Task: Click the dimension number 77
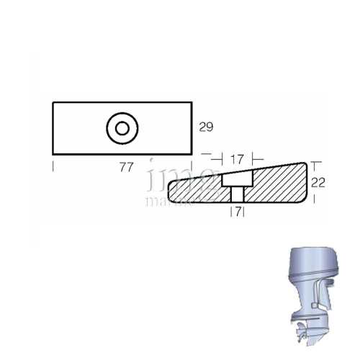(x=126, y=168)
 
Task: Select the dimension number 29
(x=206, y=127)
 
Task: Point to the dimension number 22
(x=320, y=183)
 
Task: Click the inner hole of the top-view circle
(x=120, y=129)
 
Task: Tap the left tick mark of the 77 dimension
(x=53, y=167)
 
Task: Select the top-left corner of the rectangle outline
(x=53, y=103)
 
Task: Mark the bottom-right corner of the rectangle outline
(x=192, y=154)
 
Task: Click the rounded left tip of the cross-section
(x=169, y=191)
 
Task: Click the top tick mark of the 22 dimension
(x=315, y=163)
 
